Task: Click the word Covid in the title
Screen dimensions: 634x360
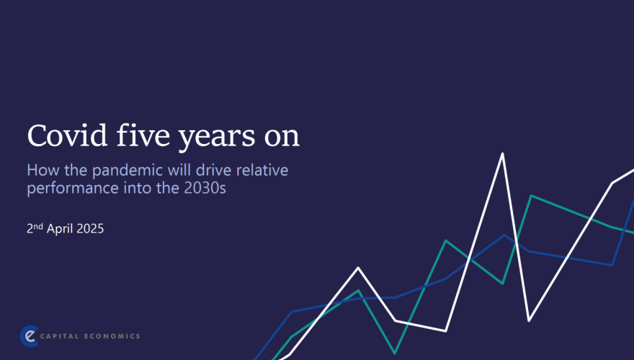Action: (67, 135)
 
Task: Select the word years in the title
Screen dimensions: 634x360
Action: (217, 138)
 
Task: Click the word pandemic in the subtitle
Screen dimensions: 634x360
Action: (128, 170)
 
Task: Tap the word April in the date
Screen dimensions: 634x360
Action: (60, 229)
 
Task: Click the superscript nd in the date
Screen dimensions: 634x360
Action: (38, 226)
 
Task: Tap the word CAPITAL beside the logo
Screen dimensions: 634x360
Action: (59, 336)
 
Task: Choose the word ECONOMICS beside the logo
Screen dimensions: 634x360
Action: (112, 336)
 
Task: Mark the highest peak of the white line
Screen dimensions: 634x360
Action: (503, 153)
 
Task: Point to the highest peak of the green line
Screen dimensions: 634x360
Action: (531, 196)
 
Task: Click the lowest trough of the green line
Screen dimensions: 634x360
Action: (395, 353)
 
